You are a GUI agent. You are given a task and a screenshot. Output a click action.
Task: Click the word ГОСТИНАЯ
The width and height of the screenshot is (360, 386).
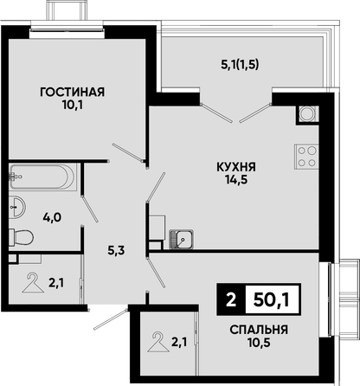pos(72,93)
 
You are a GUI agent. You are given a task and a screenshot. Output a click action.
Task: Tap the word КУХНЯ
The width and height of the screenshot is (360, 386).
pos(236,167)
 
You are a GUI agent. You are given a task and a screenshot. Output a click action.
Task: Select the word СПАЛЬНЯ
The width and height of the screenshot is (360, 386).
pos(259,330)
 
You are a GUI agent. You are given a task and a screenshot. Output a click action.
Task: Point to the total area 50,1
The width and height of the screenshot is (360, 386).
pos(271,300)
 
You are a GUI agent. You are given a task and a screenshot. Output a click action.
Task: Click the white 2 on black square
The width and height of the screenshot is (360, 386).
pos(230,300)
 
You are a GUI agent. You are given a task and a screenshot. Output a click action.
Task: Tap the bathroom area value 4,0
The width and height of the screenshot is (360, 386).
pos(52,217)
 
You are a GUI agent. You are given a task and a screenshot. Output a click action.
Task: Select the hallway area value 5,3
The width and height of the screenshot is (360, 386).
pos(116,250)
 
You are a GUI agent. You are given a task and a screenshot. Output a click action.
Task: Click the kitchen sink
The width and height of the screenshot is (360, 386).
pos(181,239)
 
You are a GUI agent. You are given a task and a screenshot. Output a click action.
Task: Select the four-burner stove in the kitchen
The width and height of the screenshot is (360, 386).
pos(306,157)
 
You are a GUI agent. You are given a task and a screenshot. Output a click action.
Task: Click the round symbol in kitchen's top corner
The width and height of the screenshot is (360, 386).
pos(307,113)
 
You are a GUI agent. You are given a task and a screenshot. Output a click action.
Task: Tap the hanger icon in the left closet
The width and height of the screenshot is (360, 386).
pos(33,283)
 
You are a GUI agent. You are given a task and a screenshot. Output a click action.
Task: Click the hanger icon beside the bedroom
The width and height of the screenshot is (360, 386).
pos(158,342)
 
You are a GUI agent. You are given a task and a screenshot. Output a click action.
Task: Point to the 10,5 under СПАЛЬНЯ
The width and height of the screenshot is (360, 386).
pos(259,343)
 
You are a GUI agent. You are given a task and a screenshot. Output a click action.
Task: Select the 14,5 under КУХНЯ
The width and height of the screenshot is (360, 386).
pos(236,180)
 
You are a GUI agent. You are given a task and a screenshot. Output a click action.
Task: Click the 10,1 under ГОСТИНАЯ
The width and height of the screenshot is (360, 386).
pos(72,106)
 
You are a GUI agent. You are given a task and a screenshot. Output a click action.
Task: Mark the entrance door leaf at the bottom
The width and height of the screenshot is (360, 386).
pos(111,319)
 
